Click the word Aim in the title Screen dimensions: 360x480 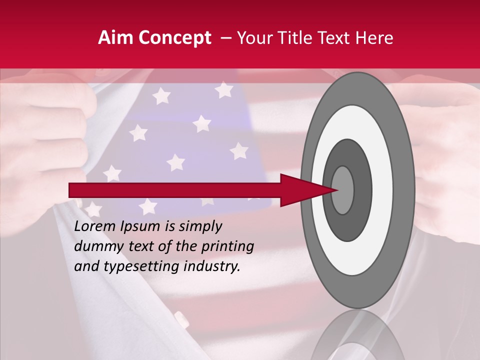(116, 38)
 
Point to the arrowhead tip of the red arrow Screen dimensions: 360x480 (338, 190)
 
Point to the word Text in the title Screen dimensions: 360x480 (339, 38)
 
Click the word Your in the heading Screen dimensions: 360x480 (252, 38)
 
